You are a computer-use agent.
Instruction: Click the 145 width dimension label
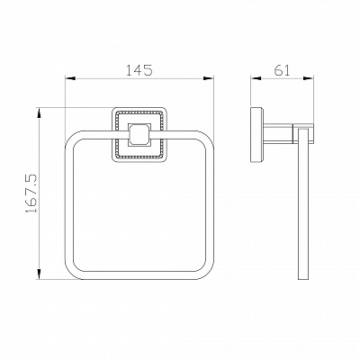pyautogui.click(x=139, y=69)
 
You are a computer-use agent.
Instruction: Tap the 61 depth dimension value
pyautogui.click(x=282, y=70)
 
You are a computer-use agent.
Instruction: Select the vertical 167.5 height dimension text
pyautogui.click(x=31, y=193)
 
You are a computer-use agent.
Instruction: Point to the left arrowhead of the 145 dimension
pyautogui.click(x=70, y=78)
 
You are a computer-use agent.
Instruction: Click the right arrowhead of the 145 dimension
pyautogui.click(x=209, y=78)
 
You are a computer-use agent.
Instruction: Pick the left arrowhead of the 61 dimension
pyautogui.click(x=256, y=78)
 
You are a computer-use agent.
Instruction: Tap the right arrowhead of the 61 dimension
pyautogui.click(x=309, y=78)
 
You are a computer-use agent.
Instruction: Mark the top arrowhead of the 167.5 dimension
pyautogui.click(x=39, y=112)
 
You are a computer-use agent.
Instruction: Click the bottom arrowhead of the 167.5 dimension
pyautogui.click(x=39, y=274)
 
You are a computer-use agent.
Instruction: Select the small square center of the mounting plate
pyautogui.click(x=139, y=134)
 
